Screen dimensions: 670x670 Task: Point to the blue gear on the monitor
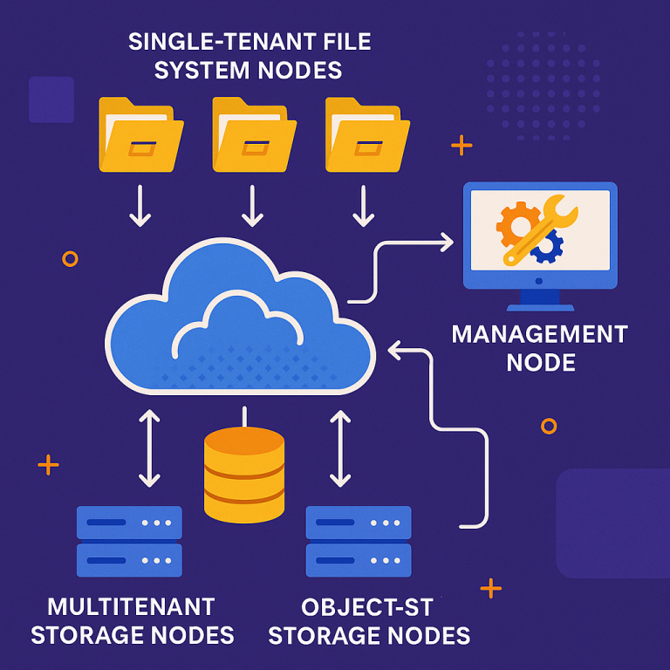point(547,248)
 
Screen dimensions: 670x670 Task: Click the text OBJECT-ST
point(366,606)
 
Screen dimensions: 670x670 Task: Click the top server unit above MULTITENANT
point(129,523)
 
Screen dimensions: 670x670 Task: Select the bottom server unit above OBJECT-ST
point(359,559)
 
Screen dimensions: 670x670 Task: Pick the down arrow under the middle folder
point(252,207)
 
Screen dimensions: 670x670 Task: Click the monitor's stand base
point(540,306)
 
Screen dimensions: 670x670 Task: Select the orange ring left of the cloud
point(70,258)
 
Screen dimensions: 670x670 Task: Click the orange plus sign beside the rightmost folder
point(461,145)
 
